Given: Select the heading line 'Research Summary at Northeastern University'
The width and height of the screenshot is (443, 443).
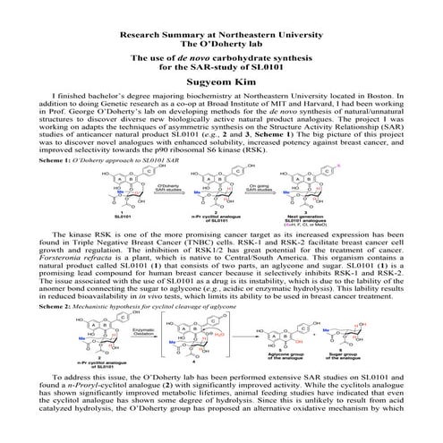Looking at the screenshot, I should tap(221, 32).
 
